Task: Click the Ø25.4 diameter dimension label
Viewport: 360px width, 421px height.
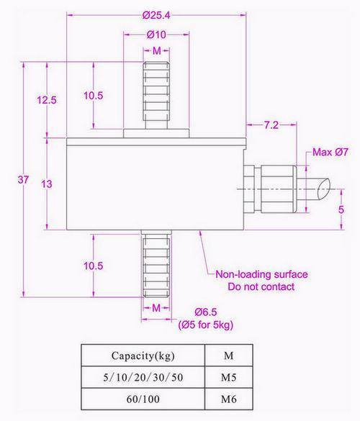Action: (x=156, y=14)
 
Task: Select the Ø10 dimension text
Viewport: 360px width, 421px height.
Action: (x=156, y=35)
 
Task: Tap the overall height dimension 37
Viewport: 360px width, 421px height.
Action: (x=23, y=181)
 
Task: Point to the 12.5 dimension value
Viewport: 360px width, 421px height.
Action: (x=48, y=100)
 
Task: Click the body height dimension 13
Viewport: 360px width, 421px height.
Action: (x=47, y=184)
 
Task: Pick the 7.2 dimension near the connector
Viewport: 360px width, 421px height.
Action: (x=271, y=125)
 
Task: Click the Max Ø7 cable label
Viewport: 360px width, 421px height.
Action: (x=330, y=152)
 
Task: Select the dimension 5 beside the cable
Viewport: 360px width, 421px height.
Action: (x=341, y=209)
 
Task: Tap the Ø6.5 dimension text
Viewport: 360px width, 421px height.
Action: (x=207, y=312)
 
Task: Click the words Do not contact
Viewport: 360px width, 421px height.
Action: (x=261, y=286)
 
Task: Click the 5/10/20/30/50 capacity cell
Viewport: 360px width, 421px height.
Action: (x=143, y=376)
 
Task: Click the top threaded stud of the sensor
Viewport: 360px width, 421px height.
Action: (x=156, y=94)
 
